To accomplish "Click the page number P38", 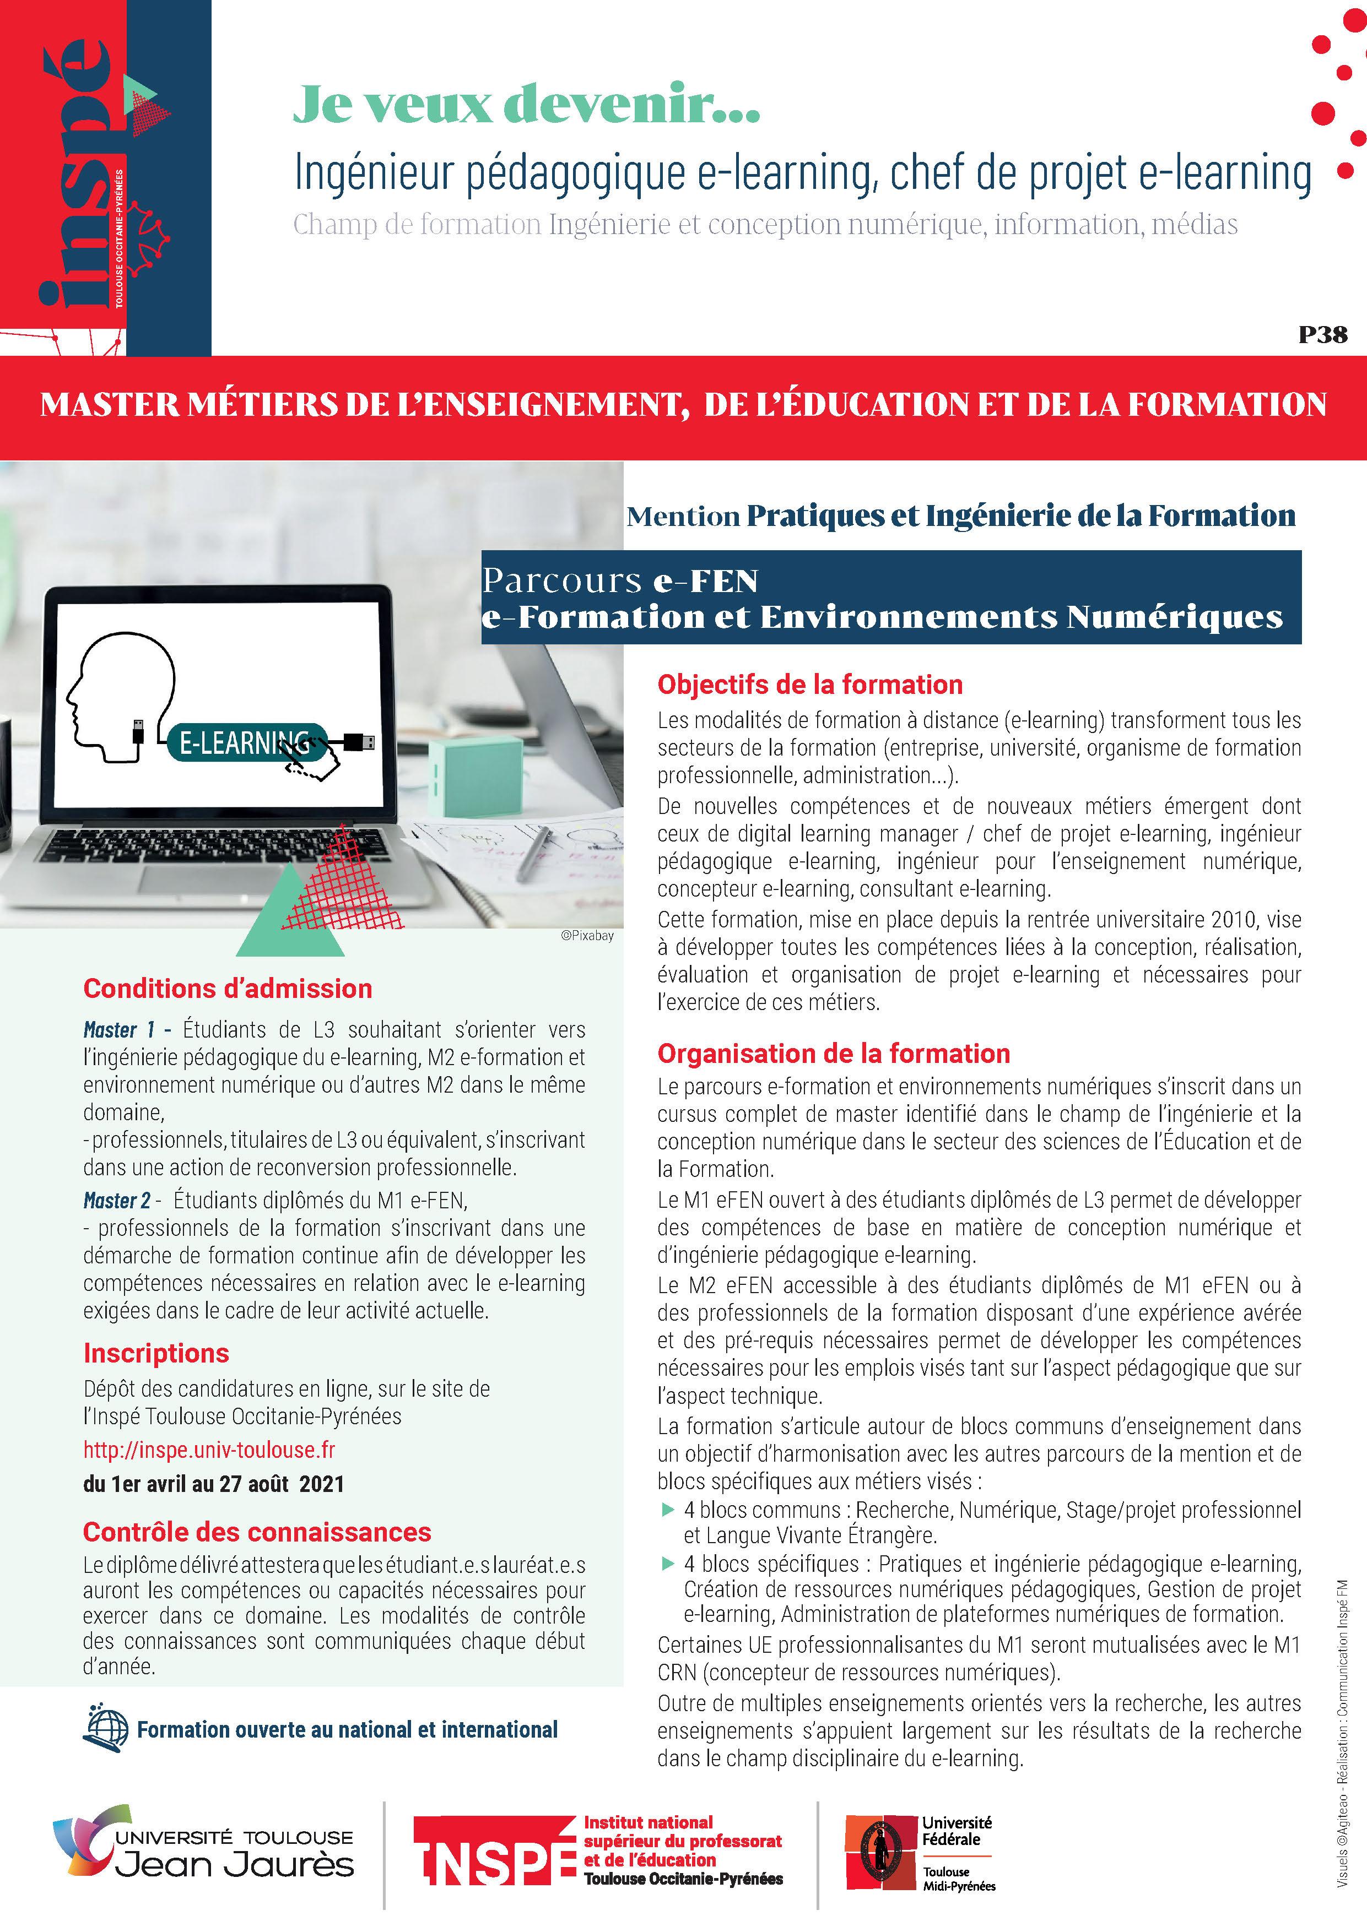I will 1322,335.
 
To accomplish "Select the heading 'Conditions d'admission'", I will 227,988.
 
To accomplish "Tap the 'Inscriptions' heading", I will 156,1352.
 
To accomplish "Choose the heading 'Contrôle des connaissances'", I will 257,1532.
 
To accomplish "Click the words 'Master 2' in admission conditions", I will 116,1200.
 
